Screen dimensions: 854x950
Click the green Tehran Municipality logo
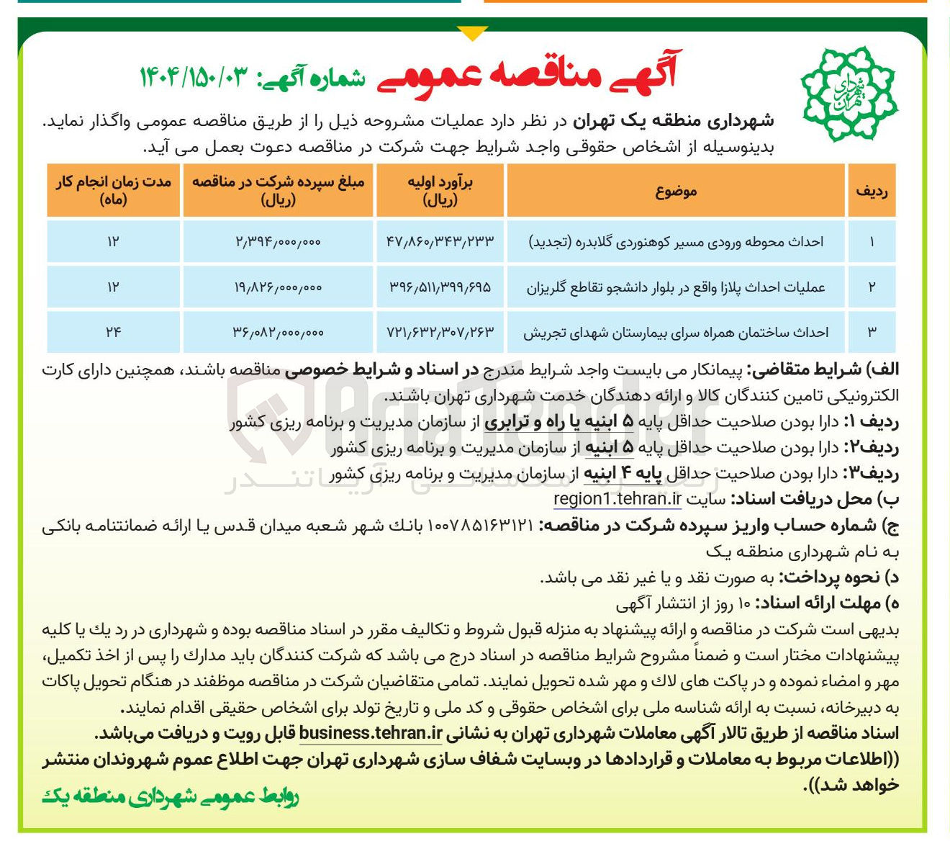(849, 91)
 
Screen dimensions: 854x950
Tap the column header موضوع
(676, 191)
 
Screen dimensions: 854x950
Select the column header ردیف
(871, 191)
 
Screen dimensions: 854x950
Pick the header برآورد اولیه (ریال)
(440, 191)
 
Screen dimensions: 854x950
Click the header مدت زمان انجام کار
(113, 191)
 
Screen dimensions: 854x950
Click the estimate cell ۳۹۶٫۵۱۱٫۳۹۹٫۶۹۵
(440, 287)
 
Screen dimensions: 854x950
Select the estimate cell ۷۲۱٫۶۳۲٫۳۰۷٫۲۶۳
(440, 332)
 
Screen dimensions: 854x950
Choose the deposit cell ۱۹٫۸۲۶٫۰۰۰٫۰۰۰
(278, 287)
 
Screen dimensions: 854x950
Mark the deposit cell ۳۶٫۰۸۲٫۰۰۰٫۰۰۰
(278, 332)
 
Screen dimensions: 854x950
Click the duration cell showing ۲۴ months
(113, 332)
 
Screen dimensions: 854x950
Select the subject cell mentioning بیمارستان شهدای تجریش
(676, 332)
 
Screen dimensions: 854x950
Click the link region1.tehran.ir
(617, 498)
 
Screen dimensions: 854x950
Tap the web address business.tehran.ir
(370, 734)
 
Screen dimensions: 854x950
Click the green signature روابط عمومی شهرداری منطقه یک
(170, 796)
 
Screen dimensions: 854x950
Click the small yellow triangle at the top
(472, 33)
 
